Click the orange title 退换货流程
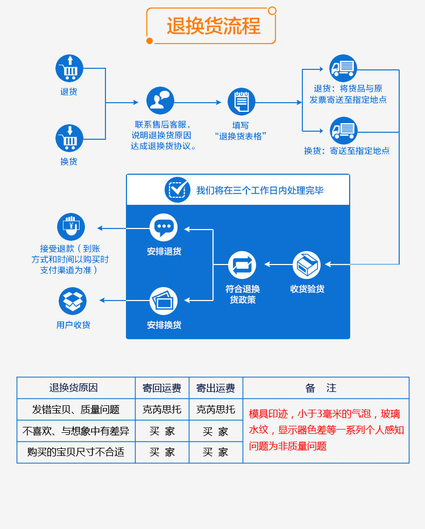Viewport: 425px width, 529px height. pos(213,26)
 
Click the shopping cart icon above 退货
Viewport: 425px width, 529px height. pos(69,68)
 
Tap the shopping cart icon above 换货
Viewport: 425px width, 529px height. pos(69,138)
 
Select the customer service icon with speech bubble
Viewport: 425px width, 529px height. pos(160,101)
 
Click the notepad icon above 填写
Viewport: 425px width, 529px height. pos(242,102)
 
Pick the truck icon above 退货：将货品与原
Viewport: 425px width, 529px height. pos(343,68)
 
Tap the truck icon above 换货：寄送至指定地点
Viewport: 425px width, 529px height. pos(343,131)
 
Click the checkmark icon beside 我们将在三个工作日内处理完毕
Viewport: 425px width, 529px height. pos(178,190)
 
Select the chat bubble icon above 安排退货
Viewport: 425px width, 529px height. pos(164,227)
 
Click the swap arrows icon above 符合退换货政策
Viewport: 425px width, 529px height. pos(242,265)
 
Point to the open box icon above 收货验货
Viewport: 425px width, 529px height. pos(307,265)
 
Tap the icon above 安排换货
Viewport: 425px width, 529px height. pos(164,301)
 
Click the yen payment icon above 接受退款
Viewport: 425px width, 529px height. pos(71,226)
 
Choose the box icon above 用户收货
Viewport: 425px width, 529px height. pos(73,301)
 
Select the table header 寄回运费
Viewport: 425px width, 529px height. pos(162,388)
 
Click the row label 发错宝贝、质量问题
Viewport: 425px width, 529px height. pos(76,409)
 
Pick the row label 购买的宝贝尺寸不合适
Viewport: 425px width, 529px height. pos(76,452)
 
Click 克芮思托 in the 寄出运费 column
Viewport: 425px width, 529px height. pos(216,409)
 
